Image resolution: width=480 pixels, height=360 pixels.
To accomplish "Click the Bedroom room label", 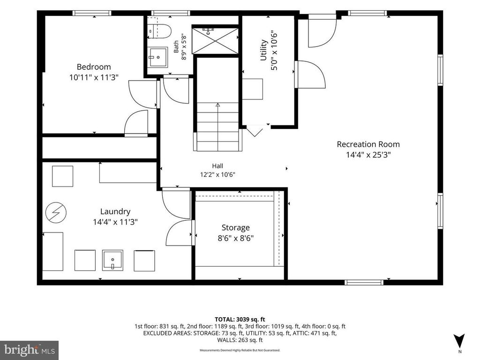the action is point(94,67).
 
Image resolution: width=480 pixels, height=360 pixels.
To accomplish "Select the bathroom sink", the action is point(157,57).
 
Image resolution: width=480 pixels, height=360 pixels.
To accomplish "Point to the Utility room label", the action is point(263,50).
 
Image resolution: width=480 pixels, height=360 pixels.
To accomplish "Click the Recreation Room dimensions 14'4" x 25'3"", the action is point(368,155).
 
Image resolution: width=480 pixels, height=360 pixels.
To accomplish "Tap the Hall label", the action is point(217,166).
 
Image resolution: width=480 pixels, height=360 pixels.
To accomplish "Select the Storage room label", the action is point(236,228).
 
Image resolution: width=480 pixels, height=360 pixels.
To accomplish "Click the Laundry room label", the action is point(115,211).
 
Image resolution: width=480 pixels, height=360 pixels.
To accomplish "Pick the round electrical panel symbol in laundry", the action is point(56,212).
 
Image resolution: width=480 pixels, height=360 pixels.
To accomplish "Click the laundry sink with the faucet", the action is point(112,260).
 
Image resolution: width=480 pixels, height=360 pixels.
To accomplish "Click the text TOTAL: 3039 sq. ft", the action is point(240,320).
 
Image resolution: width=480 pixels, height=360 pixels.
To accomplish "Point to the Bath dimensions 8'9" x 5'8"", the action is point(184,46).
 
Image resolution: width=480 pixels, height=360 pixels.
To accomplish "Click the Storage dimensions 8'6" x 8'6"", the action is point(236,238).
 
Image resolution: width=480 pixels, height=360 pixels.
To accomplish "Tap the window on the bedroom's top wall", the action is point(92,13).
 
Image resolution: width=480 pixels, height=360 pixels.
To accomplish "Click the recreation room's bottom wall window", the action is point(364,282).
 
